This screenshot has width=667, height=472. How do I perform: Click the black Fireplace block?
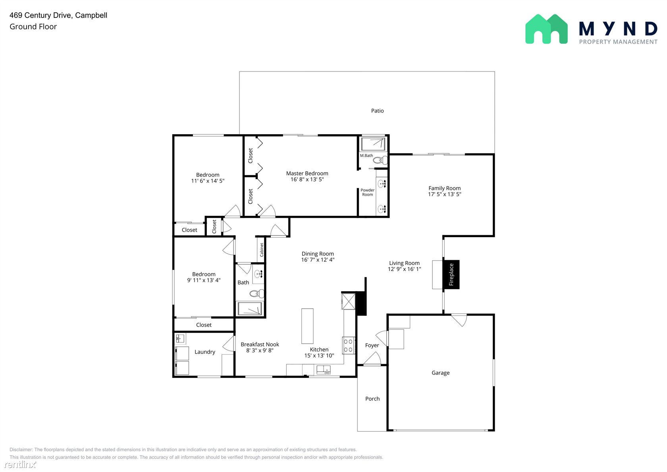(x=451, y=275)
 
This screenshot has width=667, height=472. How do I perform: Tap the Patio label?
(x=377, y=111)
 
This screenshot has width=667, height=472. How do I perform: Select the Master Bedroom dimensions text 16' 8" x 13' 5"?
(x=307, y=180)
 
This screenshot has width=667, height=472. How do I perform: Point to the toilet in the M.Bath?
(x=380, y=161)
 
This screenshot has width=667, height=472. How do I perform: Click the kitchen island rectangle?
(x=307, y=326)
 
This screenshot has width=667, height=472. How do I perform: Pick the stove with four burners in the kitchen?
(x=349, y=345)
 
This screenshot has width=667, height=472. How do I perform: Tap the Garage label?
(x=440, y=373)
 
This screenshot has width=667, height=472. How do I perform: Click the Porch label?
(x=372, y=399)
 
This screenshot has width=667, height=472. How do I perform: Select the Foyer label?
(x=372, y=345)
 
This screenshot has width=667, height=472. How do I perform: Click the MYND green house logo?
(x=546, y=29)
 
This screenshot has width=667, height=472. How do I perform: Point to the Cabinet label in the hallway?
(x=262, y=250)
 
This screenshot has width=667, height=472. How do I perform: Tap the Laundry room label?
(x=204, y=352)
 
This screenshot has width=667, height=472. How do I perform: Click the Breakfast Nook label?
(x=260, y=344)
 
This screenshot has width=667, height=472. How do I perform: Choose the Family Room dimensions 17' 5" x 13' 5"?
(x=445, y=194)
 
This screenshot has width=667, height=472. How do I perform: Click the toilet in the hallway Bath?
(x=256, y=294)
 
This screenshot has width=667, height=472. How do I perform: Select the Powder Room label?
(x=368, y=192)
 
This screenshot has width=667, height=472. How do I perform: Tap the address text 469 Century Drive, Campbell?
(x=58, y=15)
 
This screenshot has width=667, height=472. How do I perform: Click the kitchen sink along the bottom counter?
(x=323, y=370)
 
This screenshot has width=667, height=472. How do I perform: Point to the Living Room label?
(x=404, y=263)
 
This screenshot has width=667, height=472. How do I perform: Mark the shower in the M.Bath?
(x=373, y=144)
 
